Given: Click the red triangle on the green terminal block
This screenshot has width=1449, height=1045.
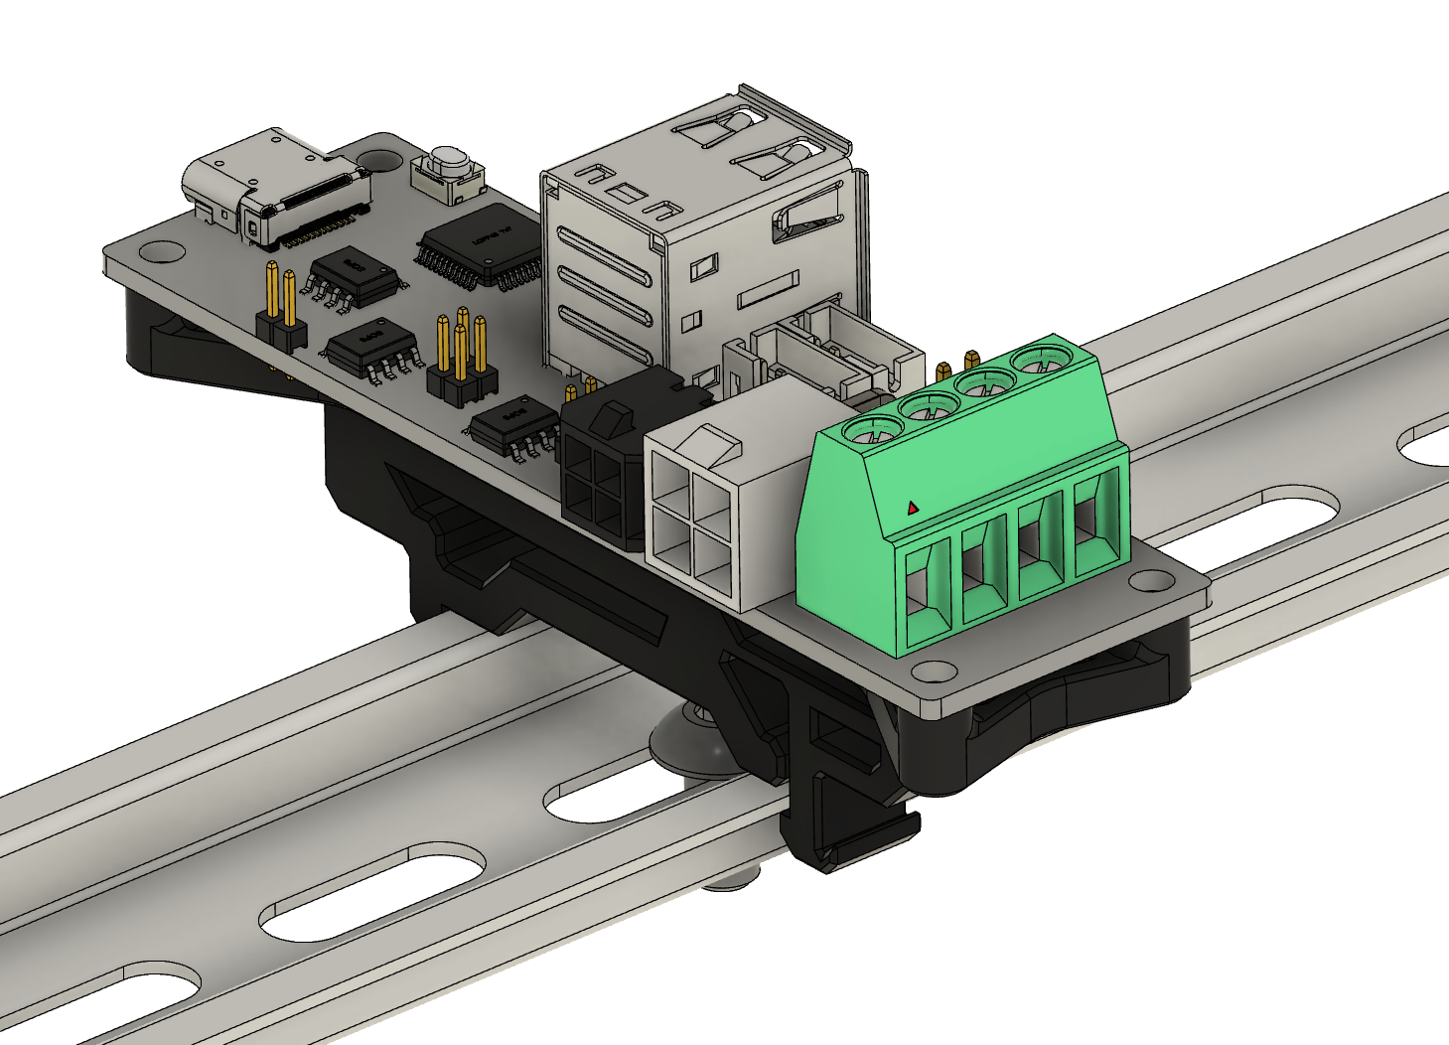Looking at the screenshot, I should click(913, 509).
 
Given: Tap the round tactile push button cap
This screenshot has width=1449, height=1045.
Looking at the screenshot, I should click(449, 158).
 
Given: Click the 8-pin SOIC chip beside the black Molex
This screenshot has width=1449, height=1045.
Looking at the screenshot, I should click(513, 424).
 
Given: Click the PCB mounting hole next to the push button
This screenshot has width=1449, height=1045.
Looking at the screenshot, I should click(377, 159).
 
